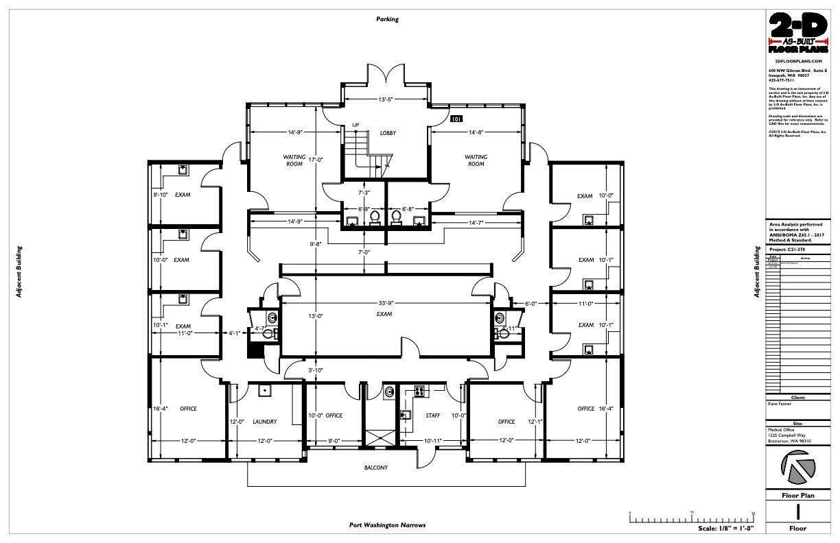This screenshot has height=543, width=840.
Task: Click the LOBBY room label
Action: click(389, 132)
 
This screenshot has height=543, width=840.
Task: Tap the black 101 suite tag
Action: click(456, 119)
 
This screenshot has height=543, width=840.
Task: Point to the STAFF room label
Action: click(433, 415)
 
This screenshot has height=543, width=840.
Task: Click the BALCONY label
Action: click(375, 468)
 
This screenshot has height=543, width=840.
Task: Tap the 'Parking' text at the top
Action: click(387, 19)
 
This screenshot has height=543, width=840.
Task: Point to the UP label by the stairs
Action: click(355, 125)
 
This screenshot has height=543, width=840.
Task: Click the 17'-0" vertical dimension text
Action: click(315, 160)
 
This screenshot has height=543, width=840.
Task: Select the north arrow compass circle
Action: click(799, 470)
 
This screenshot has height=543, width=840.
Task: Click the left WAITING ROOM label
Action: click(294, 160)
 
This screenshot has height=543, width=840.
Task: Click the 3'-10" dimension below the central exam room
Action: click(315, 370)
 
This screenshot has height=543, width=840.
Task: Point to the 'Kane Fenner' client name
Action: click(780, 404)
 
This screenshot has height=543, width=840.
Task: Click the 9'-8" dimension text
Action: click(315, 243)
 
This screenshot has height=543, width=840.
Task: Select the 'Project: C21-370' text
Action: click(789, 250)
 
